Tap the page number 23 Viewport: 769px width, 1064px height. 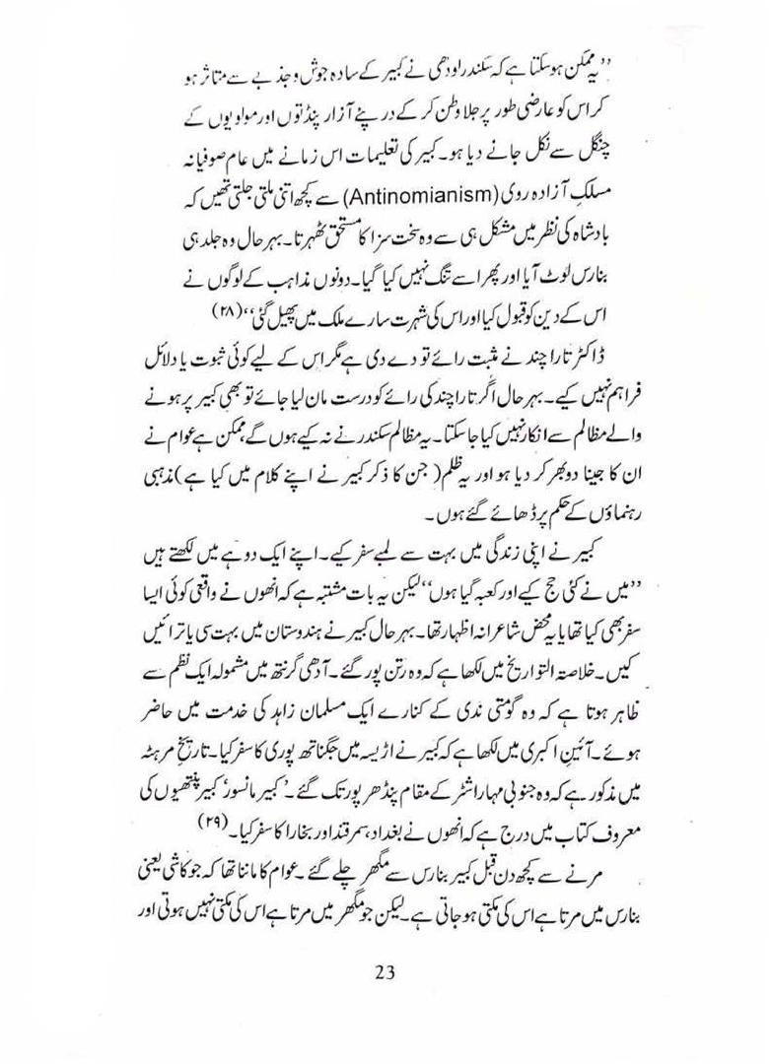coord(384,971)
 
